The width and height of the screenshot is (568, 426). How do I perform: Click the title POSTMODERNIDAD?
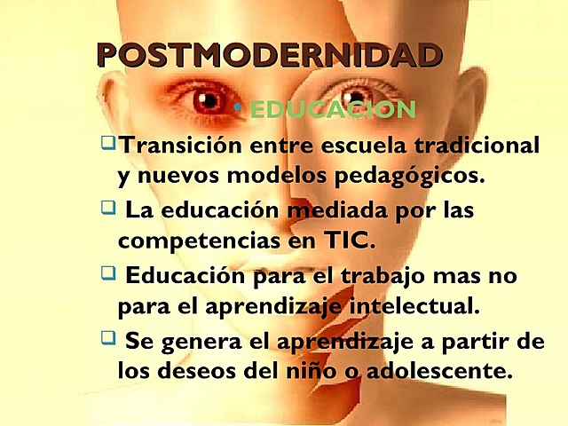click(270, 55)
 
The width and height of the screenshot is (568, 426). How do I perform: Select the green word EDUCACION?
click(332, 110)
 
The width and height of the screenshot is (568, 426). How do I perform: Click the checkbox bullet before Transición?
click(108, 141)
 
